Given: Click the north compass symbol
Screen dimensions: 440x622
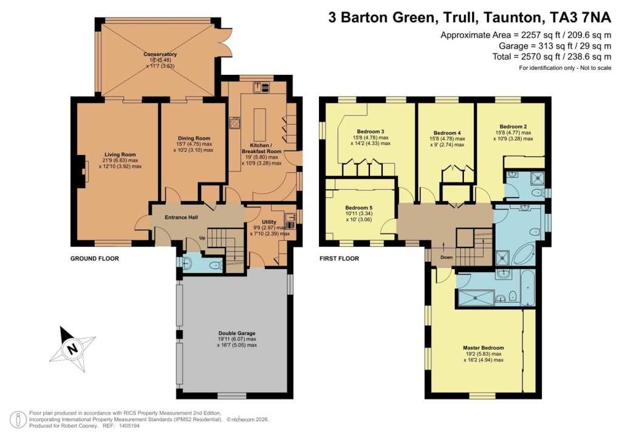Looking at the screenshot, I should (72, 349).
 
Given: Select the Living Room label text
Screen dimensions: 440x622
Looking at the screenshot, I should (120, 154).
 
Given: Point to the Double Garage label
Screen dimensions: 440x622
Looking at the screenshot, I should (236, 333).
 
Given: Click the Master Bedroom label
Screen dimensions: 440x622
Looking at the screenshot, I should (484, 348).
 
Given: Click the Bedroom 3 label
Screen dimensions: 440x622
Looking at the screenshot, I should (371, 132).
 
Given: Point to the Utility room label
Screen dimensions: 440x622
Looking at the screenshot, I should (269, 222).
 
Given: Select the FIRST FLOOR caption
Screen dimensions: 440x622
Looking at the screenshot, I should (339, 258).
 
